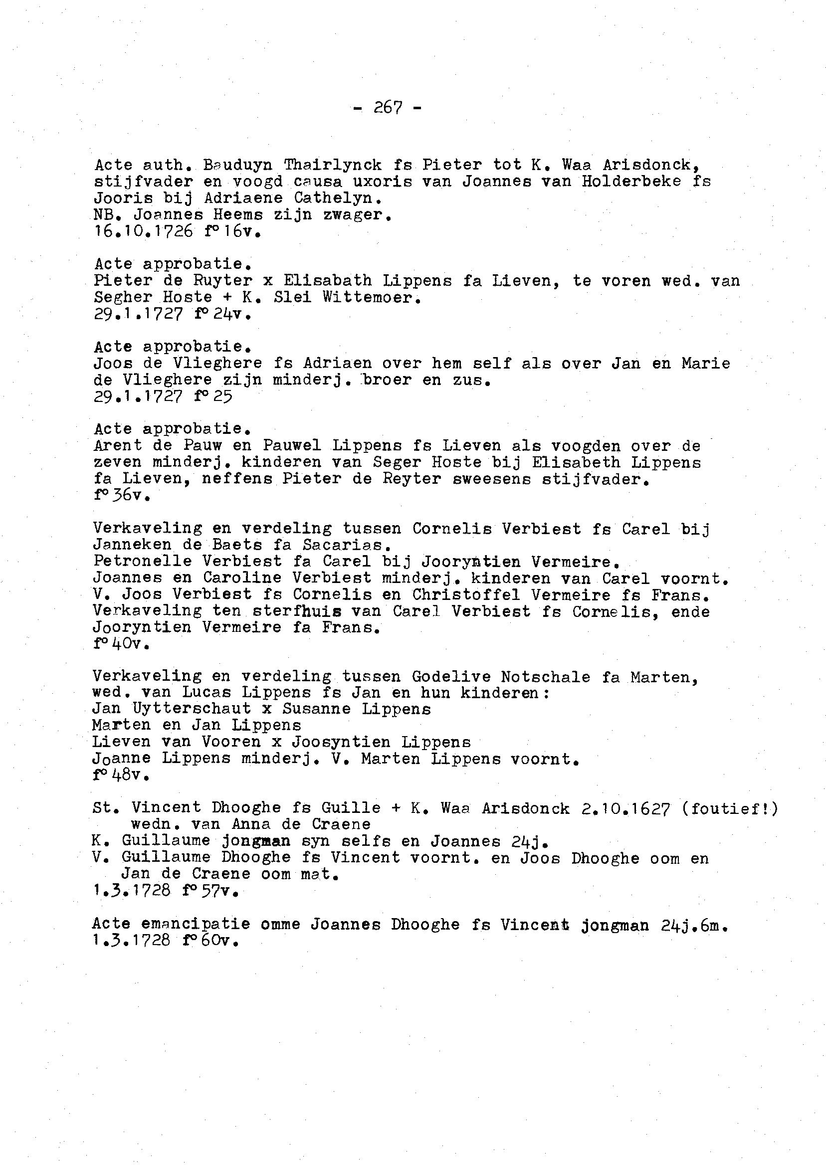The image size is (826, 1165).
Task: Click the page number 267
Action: click(x=388, y=107)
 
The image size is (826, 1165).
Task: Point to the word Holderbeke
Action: click(x=631, y=181)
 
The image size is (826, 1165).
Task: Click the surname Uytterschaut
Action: click(x=191, y=710)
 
